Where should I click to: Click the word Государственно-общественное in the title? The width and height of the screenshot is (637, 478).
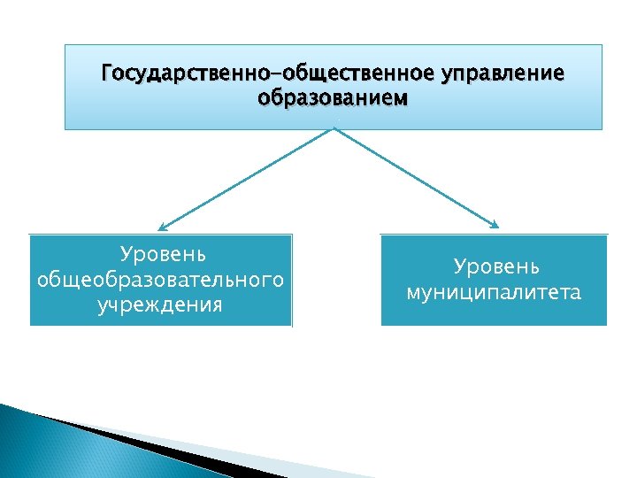pos(255,71)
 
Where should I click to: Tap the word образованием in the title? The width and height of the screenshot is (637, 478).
pos(334,96)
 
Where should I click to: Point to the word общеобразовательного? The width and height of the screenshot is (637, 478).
pos(160,280)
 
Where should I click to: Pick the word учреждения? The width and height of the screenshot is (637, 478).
pos(160,305)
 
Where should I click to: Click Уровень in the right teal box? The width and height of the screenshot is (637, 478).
pos(495,266)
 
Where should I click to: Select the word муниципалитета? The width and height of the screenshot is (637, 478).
pos(494,292)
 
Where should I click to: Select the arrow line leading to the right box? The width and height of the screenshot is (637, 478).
pos(416,177)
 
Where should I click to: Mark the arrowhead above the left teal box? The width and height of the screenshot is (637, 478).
pos(165,226)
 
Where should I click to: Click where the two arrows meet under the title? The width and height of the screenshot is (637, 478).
pos(334,128)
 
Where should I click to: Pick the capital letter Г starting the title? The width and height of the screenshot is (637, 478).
pos(107,71)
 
